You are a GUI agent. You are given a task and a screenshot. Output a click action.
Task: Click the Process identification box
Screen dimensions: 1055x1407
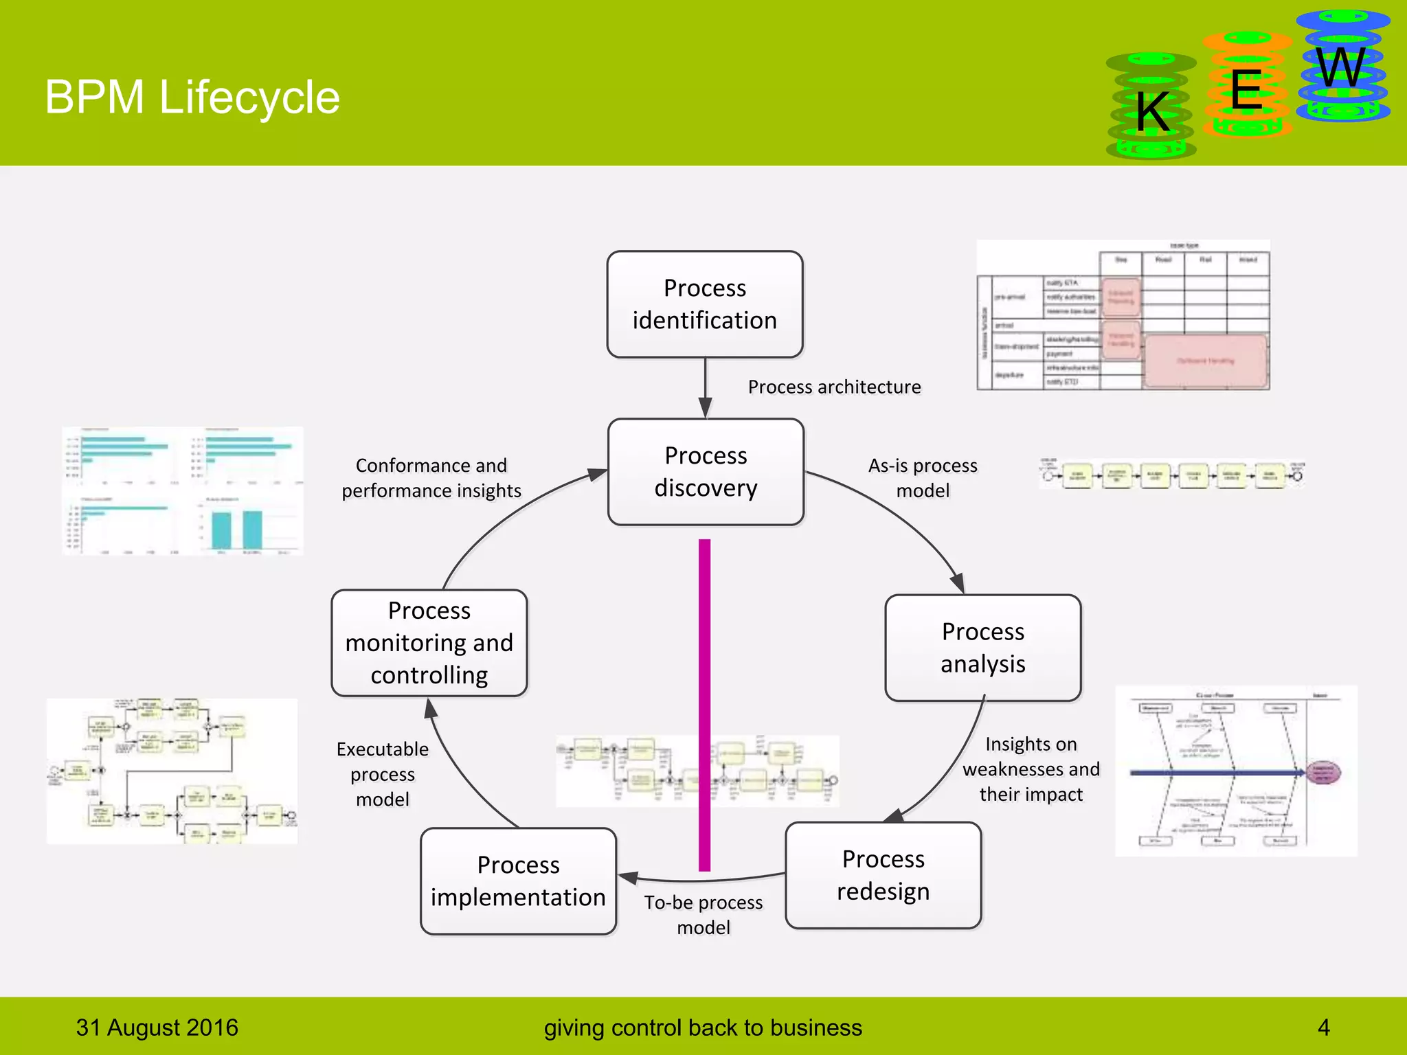pos(704,304)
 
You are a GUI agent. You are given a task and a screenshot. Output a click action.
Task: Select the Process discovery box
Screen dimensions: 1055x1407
pos(706,472)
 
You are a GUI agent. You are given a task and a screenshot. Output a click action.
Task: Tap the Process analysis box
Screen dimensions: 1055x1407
pos(982,648)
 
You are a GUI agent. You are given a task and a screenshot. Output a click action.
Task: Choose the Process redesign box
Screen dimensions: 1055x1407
pos(883,875)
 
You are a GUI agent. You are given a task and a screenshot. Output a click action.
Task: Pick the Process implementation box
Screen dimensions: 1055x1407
pos(518,881)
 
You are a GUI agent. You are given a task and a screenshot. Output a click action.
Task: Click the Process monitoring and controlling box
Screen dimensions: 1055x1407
pos(429,643)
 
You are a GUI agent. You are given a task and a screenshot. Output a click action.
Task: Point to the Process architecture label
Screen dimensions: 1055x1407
pos(834,387)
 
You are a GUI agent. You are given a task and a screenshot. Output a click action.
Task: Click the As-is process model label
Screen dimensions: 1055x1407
pos(923,478)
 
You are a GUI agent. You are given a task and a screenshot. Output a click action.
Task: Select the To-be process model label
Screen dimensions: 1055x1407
pos(703,914)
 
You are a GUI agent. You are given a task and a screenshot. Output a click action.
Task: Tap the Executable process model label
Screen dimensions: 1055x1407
pos(383,774)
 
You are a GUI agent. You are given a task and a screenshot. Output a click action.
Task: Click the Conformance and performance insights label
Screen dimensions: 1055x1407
pos(431,478)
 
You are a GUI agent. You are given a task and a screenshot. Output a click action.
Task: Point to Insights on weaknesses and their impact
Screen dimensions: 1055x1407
pos(1031,769)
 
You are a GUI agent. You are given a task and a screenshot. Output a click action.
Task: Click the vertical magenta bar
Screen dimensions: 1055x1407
pos(704,704)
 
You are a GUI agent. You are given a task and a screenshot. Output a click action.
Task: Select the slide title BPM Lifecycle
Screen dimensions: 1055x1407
pos(192,97)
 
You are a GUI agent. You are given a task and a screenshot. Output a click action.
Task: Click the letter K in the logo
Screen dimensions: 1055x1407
pos(1152,112)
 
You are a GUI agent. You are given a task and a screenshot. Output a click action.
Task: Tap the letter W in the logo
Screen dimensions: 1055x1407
pos(1341,68)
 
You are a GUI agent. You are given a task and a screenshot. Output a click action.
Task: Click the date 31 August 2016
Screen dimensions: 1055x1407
pos(157,1028)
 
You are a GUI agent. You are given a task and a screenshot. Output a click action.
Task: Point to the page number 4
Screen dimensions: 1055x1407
pos(1323,1028)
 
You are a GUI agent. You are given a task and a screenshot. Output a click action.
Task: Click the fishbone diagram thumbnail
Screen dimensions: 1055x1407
pos(1235,771)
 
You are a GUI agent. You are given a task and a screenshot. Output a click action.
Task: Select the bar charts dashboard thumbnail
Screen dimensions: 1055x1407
pos(183,490)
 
